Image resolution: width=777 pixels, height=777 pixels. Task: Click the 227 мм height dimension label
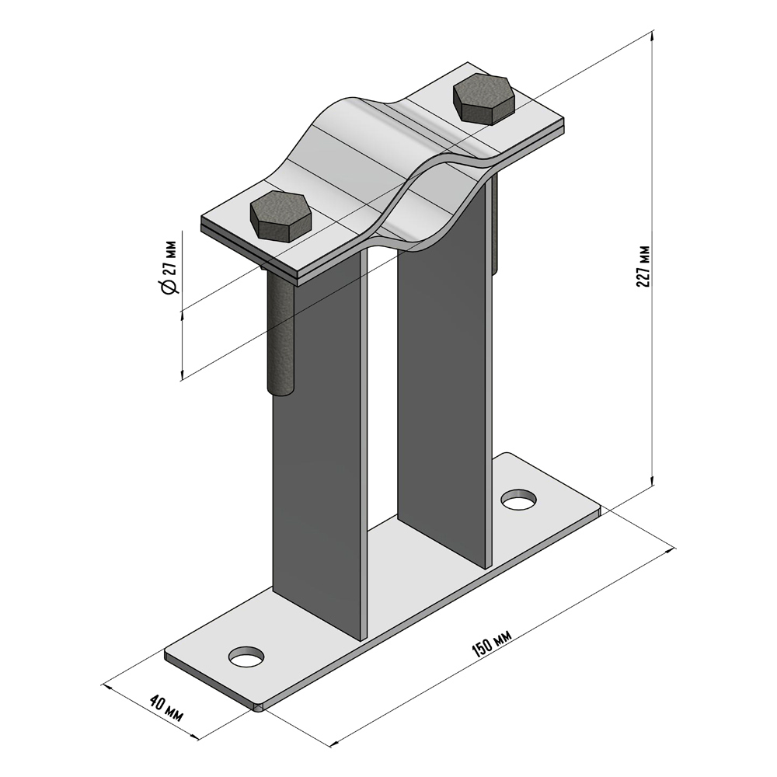(643, 266)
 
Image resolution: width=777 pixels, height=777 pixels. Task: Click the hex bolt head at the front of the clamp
(281, 216)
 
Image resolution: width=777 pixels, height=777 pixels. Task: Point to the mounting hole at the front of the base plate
(247, 657)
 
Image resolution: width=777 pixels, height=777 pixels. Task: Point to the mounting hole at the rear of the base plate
(519, 499)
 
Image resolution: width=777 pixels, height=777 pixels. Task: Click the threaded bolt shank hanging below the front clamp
(280, 332)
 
